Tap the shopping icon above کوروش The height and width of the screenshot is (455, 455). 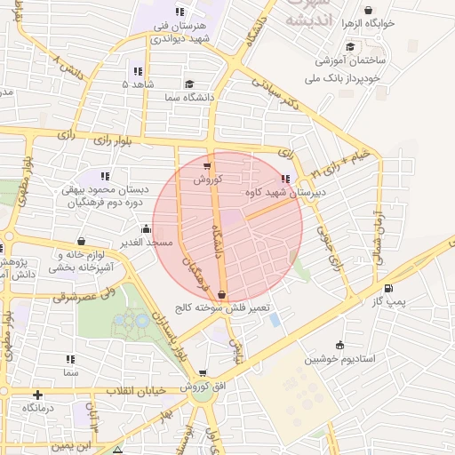click(207, 165)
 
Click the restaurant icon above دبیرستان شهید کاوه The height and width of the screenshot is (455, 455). click(285, 178)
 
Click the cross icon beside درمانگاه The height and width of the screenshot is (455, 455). click(37, 395)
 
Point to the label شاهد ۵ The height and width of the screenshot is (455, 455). click(140, 84)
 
